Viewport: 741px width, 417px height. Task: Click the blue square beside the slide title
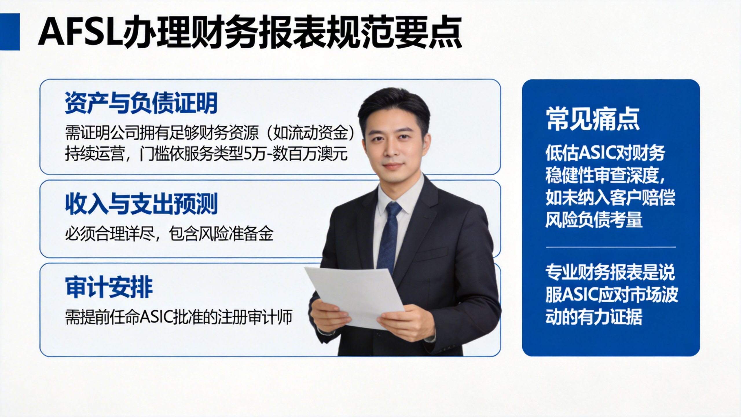10,32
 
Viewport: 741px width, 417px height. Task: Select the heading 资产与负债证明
141,103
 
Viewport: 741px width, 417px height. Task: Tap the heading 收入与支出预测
141,204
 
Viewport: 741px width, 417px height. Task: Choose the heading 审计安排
109,287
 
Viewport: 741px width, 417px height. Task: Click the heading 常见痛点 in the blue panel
593,119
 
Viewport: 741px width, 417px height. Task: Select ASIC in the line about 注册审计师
157,317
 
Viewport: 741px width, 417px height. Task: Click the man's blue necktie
388,236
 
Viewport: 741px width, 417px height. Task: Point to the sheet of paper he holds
354,298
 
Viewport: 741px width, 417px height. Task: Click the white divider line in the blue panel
611,247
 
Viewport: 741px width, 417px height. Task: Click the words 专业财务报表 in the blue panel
593,272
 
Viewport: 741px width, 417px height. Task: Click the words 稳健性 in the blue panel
569,175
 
